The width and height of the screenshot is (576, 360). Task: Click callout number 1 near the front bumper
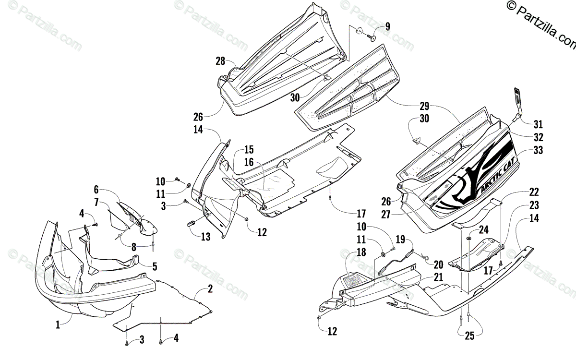coord(58,325)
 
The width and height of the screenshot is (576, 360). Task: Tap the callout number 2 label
coord(210,289)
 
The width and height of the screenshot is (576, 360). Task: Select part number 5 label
coord(155,265)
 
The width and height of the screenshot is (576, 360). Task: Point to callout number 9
coord(387,26)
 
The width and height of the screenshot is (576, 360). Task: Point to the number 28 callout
coord(220,61)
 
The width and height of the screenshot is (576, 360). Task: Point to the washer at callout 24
coord(468,239)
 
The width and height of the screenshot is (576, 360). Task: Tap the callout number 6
coord(96,189)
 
